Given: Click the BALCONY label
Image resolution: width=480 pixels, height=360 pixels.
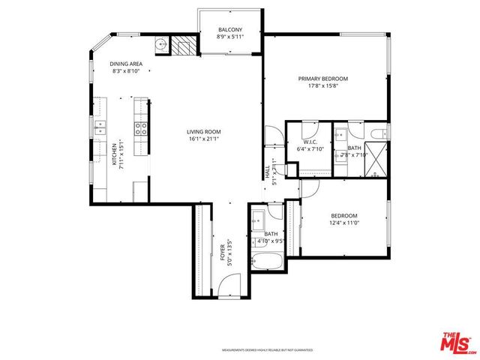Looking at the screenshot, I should click(x=229, y=30).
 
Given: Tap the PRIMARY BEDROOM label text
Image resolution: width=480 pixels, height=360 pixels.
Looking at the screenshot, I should click(x=322, y=78).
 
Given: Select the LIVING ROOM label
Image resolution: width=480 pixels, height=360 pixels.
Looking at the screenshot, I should click(x=205, y=132).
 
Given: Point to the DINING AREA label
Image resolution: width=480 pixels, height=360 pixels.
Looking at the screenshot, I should click(x=127, y=64).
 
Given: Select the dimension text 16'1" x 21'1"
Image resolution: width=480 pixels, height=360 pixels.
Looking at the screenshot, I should click(x=205, y=139).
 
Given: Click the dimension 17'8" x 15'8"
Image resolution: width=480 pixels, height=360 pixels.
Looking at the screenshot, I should click(x=322, y=85).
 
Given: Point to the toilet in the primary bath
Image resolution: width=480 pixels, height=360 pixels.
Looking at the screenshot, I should click(x=378, y=133).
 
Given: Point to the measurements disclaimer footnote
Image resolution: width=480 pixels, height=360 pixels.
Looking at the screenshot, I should click(x=267, y=349).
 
